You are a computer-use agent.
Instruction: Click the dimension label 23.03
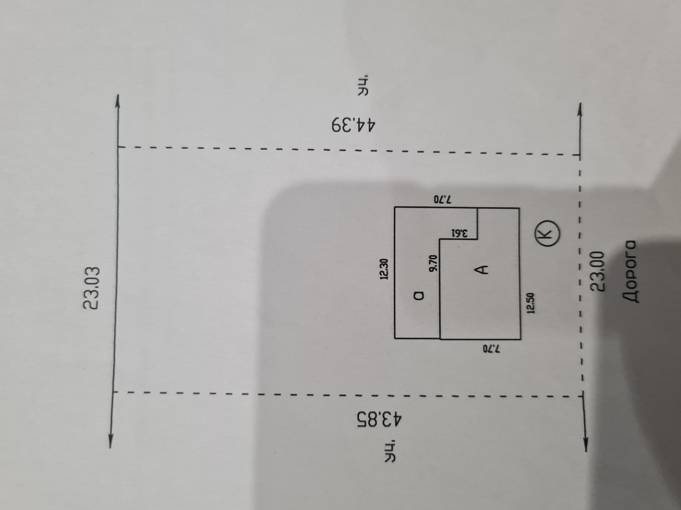click(92, 288)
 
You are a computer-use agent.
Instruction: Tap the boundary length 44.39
click(353, 125)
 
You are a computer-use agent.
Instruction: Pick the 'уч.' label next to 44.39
click(363, 85)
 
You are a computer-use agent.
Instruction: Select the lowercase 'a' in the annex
click(419, 295)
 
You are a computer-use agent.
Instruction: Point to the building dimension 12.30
click(384, 269)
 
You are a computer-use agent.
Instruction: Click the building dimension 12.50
click(531, 303)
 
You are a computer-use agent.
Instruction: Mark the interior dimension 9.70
click(433, 263)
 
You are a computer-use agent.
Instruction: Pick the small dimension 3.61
click(460, 233)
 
